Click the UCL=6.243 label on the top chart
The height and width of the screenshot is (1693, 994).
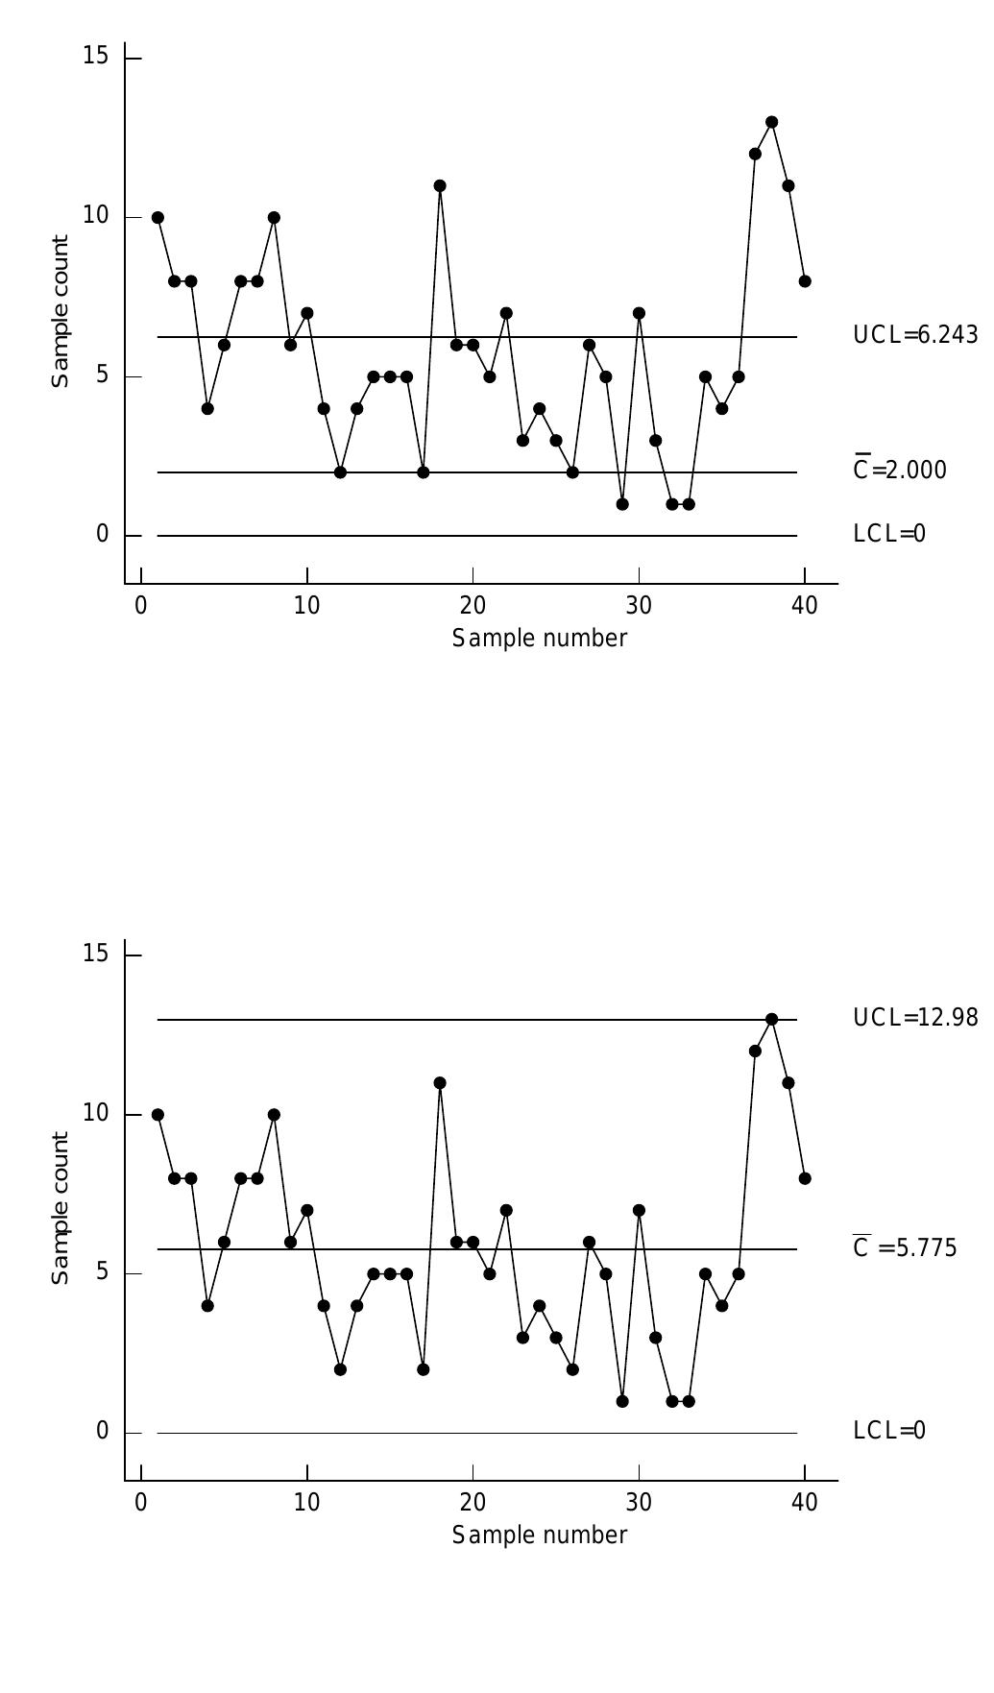tap(915, 335)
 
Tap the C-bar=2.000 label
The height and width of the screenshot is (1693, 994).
tap(900, 470)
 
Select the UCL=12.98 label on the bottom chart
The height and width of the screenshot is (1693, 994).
tap(915, 1018)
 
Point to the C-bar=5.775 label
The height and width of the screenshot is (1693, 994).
tap(905, 1247)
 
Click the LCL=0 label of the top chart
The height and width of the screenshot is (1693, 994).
tap(889, 534)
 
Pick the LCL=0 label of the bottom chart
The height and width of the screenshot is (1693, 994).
tap(889, 1431)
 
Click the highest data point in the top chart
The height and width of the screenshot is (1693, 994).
tap(771, 122)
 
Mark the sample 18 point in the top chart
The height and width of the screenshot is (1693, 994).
tap(440, 186)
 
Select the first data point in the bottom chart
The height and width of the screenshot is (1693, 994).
tap(158, 1115)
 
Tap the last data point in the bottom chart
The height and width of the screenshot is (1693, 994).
tap(805, 1178)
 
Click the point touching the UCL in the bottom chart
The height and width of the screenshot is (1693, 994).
tap(771, 1019)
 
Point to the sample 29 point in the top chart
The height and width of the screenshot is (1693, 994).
tap(622, 504)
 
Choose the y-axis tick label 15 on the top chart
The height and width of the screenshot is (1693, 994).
tap(96, 56)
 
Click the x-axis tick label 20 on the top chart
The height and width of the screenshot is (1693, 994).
tap(473, 606)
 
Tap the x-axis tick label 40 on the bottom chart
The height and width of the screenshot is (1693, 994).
tap(805, 1503)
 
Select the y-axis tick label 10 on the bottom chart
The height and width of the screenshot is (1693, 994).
tap(96, 1113)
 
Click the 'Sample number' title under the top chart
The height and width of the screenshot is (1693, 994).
tap(540, 639)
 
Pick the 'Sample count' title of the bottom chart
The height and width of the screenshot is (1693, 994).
tap(61, 1208)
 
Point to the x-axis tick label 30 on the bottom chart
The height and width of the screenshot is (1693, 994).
tap(639, 1503)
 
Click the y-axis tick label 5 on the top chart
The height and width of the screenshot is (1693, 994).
tap(102, 375)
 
